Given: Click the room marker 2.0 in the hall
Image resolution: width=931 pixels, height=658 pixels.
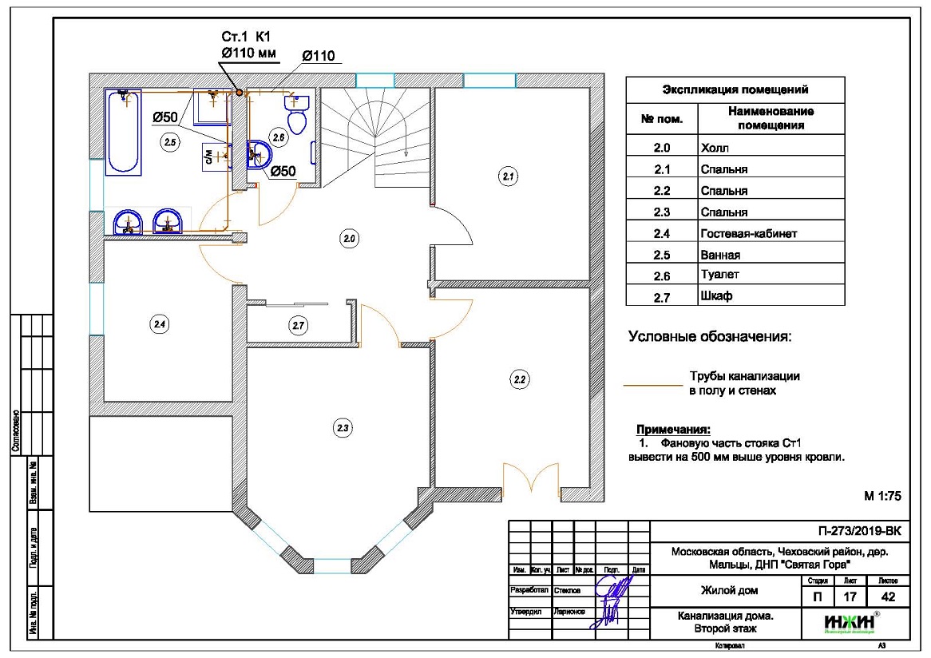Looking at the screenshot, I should (349, 239).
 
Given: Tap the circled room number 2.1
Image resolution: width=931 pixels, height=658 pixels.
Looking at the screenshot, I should (508, 176).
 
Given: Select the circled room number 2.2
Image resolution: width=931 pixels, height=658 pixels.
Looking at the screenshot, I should (520, 379).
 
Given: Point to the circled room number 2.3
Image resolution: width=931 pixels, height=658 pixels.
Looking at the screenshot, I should (343, 428).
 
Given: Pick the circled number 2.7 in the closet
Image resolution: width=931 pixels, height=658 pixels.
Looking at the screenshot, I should (299, 326).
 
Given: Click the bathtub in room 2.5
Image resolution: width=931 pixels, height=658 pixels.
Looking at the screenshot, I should (125, 132).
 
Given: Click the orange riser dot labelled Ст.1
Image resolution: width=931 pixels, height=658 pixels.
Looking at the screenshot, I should (238, 93).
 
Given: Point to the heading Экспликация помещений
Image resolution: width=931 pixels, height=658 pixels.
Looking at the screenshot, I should (735, 89).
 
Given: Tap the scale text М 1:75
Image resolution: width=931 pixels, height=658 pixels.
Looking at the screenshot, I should (882, 496).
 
